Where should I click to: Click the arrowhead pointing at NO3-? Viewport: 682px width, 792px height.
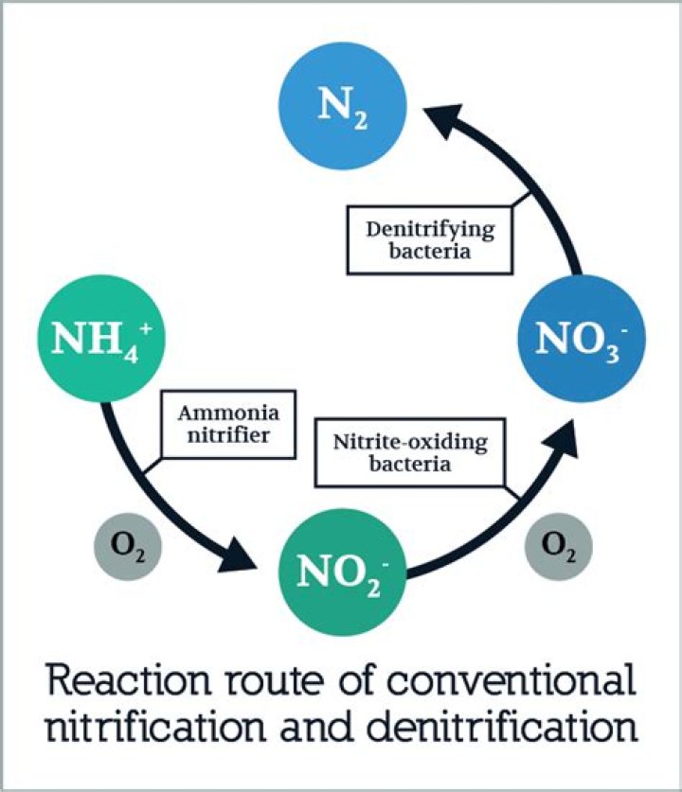click(559, 434)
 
